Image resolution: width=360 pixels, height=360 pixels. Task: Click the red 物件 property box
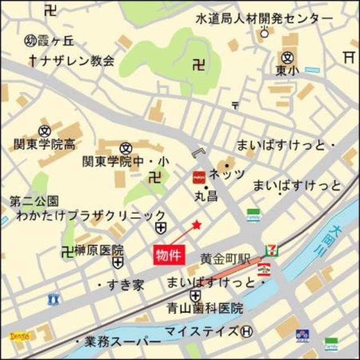click(169, 254)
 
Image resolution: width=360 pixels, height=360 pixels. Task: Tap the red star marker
click(196, 225)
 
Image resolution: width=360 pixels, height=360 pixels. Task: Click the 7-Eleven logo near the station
click(271, 247)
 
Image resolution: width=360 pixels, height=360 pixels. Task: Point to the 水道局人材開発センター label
click(264, 19)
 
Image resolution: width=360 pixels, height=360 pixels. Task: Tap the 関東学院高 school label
click(44, 145)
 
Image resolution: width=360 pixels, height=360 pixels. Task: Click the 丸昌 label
click(206, 197)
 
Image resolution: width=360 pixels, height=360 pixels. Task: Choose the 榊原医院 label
click(98, 250)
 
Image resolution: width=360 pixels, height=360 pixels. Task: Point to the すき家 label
click(127, 285)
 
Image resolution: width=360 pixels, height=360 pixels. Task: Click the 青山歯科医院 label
click(205, 308)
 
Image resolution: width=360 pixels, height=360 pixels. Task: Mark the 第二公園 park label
click(34, 201)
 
